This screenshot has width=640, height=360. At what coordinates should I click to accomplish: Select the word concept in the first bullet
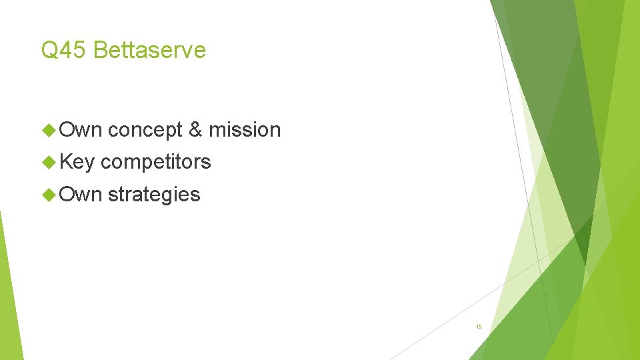(x=145, y=130)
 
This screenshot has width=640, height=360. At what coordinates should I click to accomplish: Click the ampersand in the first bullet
(x=195, y=130)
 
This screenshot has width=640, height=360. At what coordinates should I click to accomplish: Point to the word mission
(x=245, y=130)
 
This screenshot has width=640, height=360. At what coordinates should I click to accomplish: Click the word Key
(x=77, y=162)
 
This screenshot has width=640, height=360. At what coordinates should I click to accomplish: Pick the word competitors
(x=156, y=162)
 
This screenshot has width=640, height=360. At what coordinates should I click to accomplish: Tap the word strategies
(x=153, y=195)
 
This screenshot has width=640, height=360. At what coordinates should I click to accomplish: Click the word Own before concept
(x=81, y=130)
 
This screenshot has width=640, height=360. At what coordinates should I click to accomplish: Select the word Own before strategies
(x=81, y=195)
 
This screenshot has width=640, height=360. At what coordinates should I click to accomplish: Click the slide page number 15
(x=479, y=327)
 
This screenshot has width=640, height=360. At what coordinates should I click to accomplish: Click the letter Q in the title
(x=49, y=50)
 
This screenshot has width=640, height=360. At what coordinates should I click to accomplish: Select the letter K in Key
(x=66, y=162)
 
